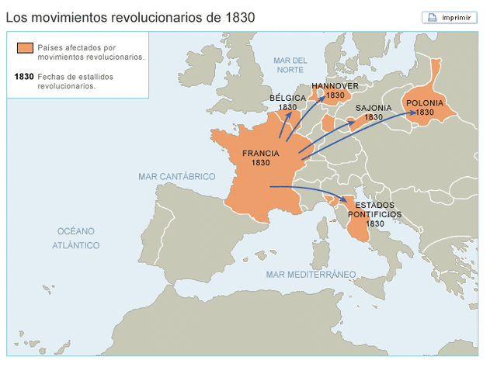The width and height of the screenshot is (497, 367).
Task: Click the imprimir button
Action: pos(450,17)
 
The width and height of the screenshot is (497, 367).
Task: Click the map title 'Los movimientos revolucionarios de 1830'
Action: pos(130,16)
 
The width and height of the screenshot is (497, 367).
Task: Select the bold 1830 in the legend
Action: pos(24,77)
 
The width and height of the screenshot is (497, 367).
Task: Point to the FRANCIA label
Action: pos(260,154)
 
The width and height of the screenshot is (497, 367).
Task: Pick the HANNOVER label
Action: pos(335,86)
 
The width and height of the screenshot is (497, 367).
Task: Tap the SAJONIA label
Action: pos(374,108)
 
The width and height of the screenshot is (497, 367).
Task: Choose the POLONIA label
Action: pos(425,102)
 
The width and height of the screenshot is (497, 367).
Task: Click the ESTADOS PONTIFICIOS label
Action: pos(375,209)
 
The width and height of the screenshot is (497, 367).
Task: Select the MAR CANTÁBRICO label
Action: pos(176,177)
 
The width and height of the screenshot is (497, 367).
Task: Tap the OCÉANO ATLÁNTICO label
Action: pos(76,238)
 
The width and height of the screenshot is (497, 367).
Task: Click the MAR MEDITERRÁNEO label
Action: pos(311,275)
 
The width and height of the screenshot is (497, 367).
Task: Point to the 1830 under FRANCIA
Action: pos(261,164)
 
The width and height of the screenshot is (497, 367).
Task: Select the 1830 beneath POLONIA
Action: pos(425,113)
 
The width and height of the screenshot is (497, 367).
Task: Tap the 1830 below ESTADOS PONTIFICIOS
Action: pos(375,223)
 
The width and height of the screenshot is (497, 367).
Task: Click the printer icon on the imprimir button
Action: pos(432,17)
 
